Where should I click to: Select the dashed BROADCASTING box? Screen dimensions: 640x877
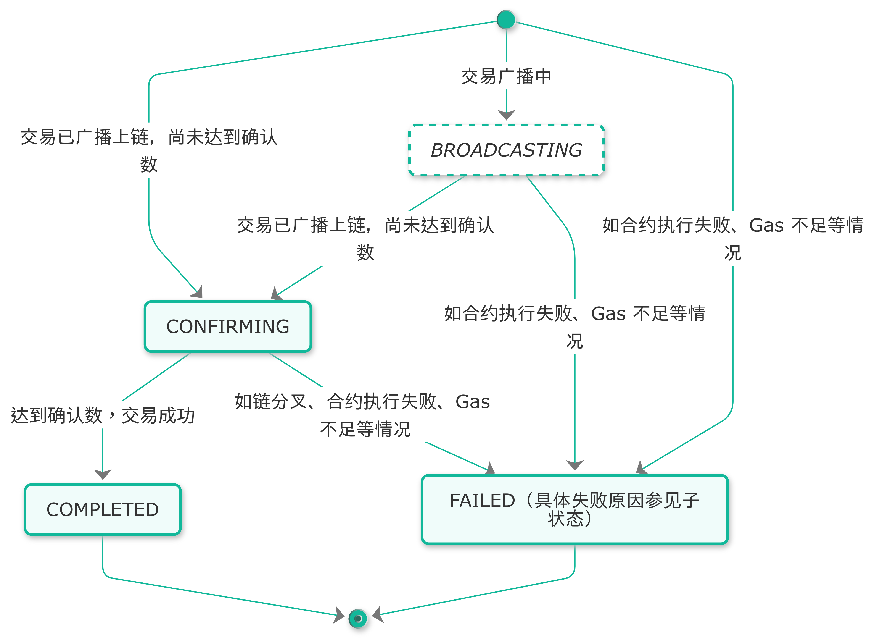506,150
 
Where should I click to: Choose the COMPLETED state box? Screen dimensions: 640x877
103,509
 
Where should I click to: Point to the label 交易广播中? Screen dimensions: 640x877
506,76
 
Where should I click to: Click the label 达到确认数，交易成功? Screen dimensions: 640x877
103,415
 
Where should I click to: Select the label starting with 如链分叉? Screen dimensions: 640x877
363,414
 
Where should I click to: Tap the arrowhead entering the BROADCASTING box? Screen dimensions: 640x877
506,115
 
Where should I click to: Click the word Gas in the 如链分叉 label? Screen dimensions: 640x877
472,402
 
